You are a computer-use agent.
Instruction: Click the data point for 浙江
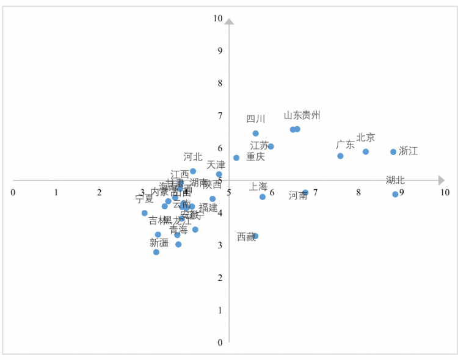pos(393,152)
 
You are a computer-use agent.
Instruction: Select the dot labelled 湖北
pos(395,194)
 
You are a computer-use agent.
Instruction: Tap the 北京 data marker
pos(366,151)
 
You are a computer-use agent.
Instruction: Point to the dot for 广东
pos(340,156)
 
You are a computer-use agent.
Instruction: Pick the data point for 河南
pos(305,193)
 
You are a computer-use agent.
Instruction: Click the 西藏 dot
pos(255,236)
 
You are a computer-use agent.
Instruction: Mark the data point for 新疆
pos(156,252)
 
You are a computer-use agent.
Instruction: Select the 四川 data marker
pos(255,133)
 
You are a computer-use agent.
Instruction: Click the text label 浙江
pos(409,151)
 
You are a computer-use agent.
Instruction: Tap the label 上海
pos(258,186)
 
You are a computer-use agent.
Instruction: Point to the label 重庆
pos(255,157)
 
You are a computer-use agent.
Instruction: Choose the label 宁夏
pos(145,199)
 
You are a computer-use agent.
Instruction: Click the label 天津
pos(216,165)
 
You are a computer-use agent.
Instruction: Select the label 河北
pos(193,157)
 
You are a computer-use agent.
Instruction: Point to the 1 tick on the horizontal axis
pos(56,192)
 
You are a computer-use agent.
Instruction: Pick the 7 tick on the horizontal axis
pos(315,193)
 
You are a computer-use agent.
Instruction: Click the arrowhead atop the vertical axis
pos(229,22)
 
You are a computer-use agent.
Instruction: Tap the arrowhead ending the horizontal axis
pos(441,180)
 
